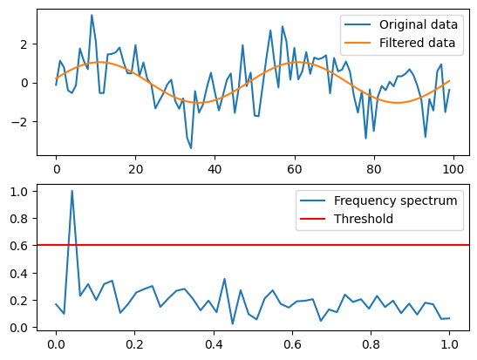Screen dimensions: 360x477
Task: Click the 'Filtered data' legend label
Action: coord(414,42)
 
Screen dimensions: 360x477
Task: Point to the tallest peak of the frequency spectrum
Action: coord(72,191)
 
